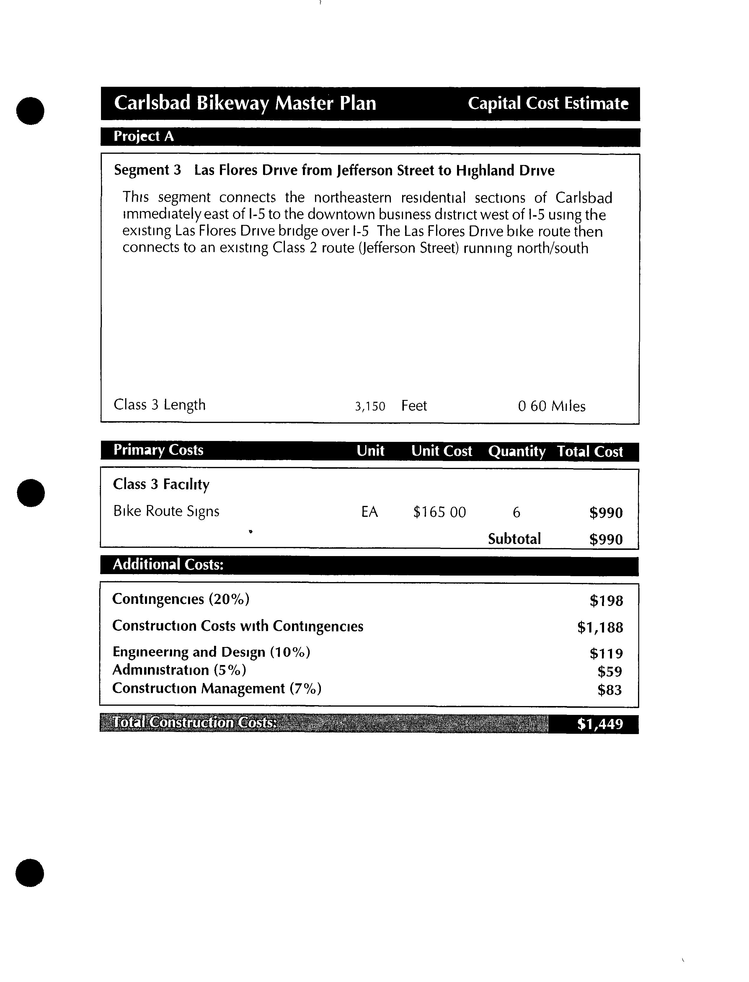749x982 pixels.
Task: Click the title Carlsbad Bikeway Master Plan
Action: (x=245, y=103)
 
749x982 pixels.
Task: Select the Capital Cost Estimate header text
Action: (x=548, y=103)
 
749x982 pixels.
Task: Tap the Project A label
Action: (x=143, y=136)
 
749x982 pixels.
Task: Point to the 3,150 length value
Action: (x=370, y=406)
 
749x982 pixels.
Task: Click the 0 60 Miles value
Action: (x=551, y=406)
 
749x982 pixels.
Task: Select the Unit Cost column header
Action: (x=441, y=451)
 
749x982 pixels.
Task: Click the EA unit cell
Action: (x=370, y=512)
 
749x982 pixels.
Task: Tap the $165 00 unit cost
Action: (x=439, y=512)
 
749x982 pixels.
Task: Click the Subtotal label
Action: (x=514, y=539)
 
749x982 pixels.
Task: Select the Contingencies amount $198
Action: (x=606, y=601)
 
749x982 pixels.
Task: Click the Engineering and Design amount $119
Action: (x=606, y=653)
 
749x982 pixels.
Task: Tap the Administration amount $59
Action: (x=609, y=671)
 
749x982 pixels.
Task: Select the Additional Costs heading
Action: (x=168, y=565)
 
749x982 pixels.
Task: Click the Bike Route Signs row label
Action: (x=166, y=511)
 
